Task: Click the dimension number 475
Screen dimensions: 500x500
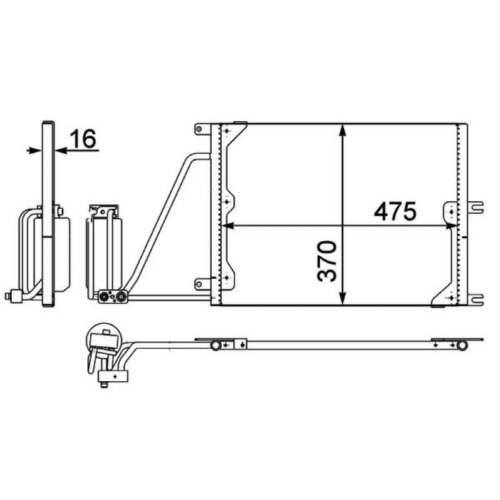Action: click(395, 211)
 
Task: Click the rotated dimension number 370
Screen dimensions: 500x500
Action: click(327, 261)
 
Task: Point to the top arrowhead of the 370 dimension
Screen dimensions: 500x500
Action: click(342, 131)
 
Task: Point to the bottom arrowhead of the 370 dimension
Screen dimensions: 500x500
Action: click(342, 299)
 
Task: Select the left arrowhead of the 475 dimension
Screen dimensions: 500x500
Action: click(228, 226)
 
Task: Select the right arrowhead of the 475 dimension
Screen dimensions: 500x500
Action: click(451, 226)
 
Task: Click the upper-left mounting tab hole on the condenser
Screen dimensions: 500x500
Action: click(199, 129)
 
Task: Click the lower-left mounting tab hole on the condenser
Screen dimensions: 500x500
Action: click(199, 284)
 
